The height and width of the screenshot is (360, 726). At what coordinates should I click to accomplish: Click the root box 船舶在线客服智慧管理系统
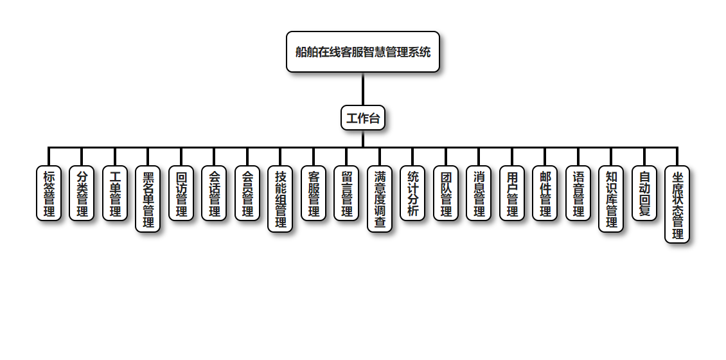click(363, 52)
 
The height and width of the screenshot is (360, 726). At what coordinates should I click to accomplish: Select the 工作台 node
click(363, 118)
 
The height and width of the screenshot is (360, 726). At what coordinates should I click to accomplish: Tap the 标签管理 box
click(49, 194)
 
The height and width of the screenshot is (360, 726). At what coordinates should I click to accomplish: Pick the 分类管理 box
click(82, 194)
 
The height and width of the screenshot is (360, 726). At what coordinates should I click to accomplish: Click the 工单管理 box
click(115, 194)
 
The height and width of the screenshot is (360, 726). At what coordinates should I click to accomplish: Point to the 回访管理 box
click(181, 194)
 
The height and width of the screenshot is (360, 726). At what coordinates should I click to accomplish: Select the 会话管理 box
click(214, 194)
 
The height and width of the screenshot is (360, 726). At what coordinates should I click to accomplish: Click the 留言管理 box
click(346, 194)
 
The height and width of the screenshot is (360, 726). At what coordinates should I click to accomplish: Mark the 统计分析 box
click(412, 194)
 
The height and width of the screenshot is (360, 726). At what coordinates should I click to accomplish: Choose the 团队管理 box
click(446, 194)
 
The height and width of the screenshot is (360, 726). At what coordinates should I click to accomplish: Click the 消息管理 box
click(479, 194)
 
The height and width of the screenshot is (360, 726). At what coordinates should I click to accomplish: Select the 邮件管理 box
click(545, 194)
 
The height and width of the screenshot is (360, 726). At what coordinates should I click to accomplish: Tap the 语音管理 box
click(578, 194)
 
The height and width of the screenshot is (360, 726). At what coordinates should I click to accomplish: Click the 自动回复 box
click(644, 194)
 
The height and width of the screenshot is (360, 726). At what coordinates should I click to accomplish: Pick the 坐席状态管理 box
click(677, 205)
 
